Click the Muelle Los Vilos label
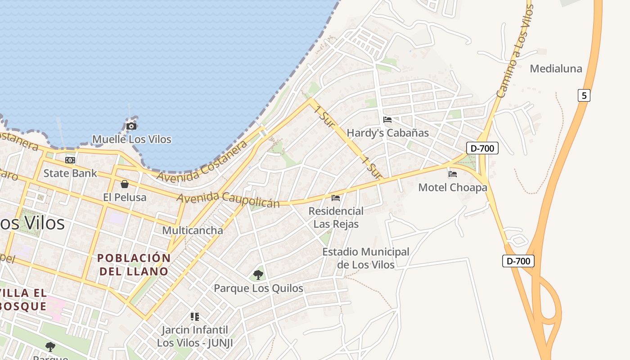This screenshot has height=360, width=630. [131, 139]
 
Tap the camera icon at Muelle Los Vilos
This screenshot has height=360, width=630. [131, 126]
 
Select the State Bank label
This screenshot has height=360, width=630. [70, 173]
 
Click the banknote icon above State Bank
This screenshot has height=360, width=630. [70, 160]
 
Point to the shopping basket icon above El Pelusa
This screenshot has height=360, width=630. [125, 184]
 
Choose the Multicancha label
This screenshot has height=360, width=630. [192, 230]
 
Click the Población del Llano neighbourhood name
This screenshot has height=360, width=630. [134, 265]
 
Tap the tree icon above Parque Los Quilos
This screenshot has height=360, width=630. [258, 274]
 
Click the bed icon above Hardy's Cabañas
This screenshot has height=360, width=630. [387, 120]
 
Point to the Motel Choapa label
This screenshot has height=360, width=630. [453, 187]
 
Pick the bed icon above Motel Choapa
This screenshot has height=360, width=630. [453, 174]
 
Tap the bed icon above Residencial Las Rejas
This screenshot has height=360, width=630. [336, 198]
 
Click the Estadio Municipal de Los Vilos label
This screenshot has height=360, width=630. [366, 258]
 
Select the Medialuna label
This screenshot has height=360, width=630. [556, 68]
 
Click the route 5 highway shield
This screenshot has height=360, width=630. [584, 95]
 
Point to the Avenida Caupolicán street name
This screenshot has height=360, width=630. [228, 200]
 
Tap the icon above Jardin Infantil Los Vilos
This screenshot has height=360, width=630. [194, 317]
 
